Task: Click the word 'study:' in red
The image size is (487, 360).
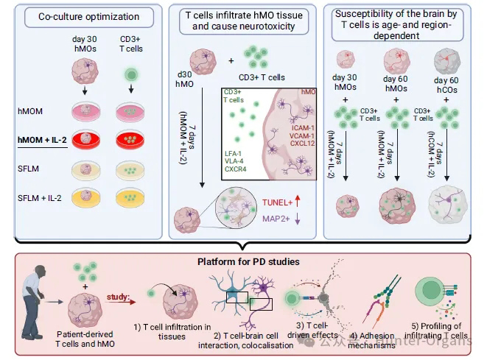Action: [x=117, y=300]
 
